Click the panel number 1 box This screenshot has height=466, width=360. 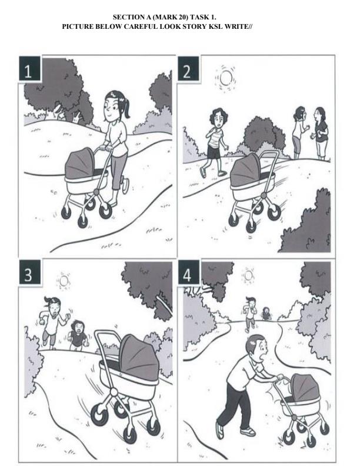(29, 69)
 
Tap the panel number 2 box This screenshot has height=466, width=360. (188, 68)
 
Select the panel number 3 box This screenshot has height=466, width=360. (29, 272)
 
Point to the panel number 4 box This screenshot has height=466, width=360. (189, 272)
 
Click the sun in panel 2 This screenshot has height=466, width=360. (226, 78)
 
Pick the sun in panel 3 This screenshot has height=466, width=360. (64, 281)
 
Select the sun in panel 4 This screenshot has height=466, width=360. (248, 275)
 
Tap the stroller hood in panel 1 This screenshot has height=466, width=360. (80, 164)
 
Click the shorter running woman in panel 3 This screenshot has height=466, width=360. (78, 335)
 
